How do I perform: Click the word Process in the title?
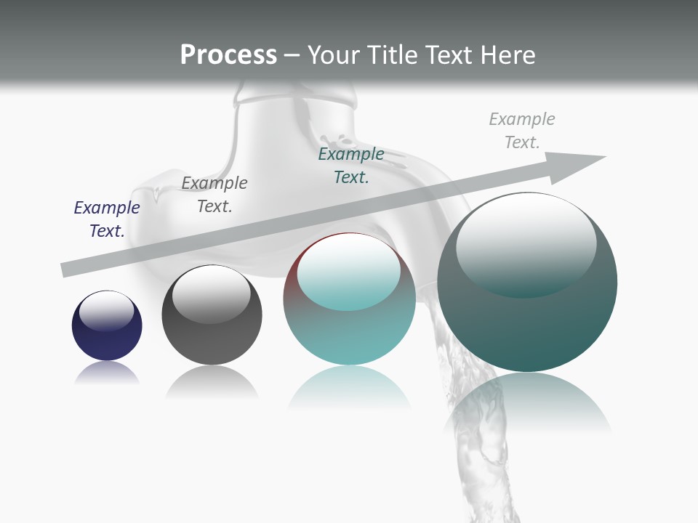point(228,54)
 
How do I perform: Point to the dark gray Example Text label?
point(214,195)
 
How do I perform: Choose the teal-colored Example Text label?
point(351,166)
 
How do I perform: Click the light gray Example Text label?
point(522,131)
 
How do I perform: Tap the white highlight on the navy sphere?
point(107,309)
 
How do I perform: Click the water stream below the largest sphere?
point(480,465)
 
